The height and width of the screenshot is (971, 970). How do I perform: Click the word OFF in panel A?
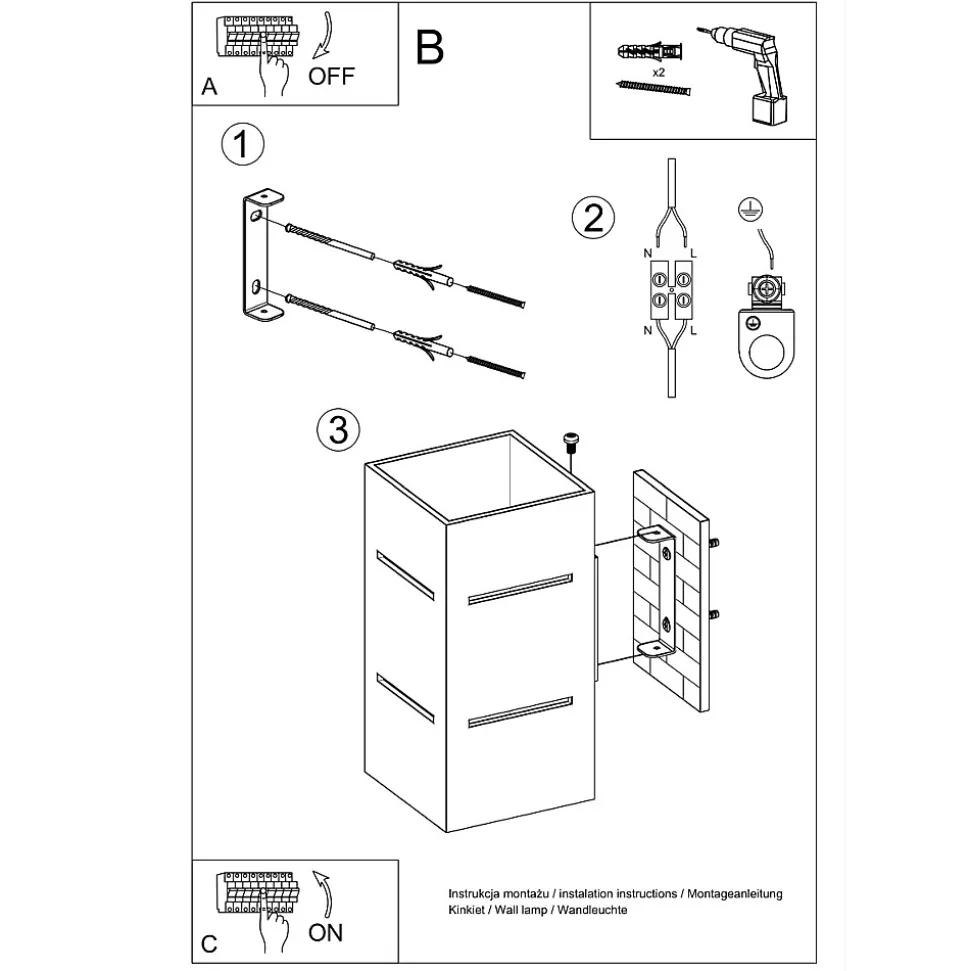(331, 76)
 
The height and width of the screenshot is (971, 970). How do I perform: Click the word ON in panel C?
(326, 932)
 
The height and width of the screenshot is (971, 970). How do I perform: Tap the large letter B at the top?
(430, 47)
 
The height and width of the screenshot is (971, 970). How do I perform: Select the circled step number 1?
(241, 145)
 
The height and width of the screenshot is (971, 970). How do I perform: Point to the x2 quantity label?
(659, 73)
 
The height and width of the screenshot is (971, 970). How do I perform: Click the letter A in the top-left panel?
(208, 87)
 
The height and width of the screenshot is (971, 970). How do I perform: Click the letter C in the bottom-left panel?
(208, 944)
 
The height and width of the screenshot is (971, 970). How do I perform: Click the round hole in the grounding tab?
(769, 352)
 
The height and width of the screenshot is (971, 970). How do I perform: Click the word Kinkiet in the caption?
(466, 910)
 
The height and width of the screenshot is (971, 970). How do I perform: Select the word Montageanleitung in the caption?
(734, 893)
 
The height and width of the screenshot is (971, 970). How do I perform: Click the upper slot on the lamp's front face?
(519, 590)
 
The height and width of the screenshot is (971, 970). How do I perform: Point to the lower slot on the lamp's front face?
(519, 709)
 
